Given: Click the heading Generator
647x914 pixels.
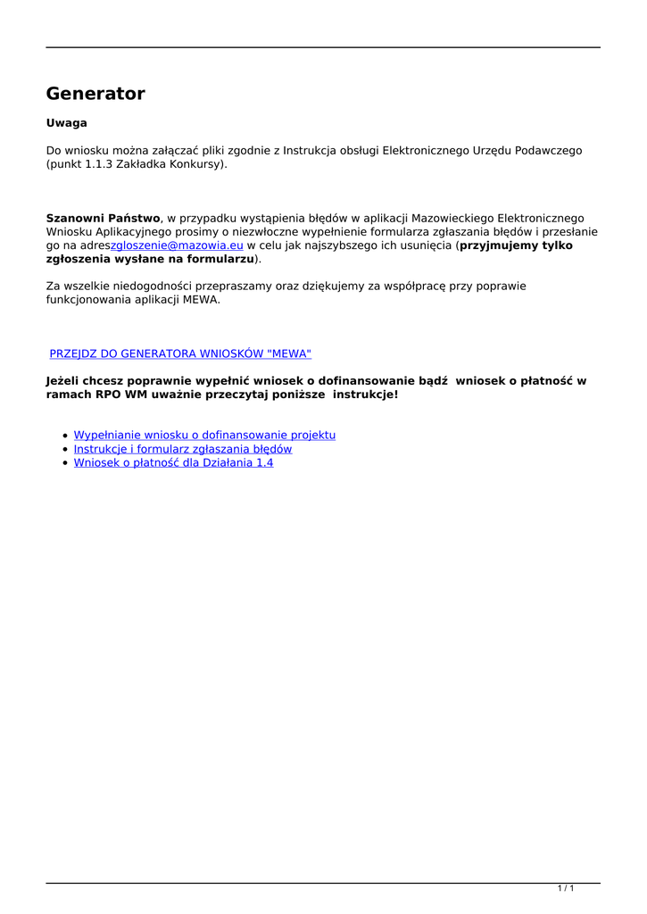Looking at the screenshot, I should point(95,94).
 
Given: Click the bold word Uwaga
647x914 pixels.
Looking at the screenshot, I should point(66,123).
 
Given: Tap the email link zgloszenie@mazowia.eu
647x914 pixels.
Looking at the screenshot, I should point(177,245).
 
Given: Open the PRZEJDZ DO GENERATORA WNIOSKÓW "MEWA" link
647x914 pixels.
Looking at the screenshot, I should point(180,354).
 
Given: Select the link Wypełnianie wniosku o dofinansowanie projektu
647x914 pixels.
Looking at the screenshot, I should point(204,435).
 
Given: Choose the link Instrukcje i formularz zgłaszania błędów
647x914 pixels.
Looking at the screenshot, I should point(183,449).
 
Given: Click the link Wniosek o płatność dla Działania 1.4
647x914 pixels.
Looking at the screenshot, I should point(173,463).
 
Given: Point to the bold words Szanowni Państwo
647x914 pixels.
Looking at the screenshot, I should point(103,218).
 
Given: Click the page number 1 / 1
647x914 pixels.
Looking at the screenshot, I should point(566,888).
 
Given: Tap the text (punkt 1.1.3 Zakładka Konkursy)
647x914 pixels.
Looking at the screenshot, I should point(137,164).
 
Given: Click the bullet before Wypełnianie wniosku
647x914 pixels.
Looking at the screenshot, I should point(66,436).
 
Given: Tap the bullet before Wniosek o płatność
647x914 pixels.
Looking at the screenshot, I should point(66,464).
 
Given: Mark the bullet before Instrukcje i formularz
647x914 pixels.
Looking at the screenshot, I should point(66,450).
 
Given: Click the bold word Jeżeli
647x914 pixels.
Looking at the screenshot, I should point(66,381).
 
